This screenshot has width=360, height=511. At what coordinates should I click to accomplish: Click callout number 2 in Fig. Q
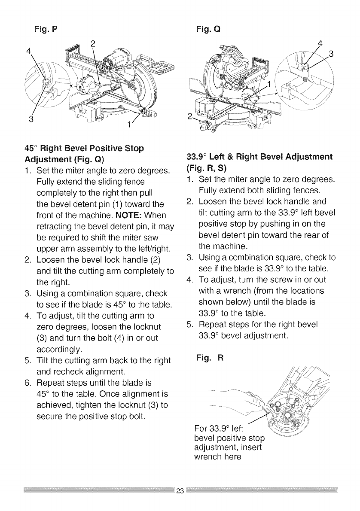coord(189,116)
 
